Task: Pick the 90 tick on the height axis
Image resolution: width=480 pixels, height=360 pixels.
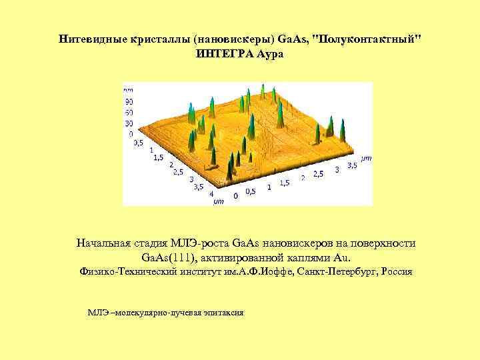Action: pyautogui.click(x=129, y=101)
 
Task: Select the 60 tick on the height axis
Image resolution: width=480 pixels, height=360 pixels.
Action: pyautogui.click(x=129, y=112)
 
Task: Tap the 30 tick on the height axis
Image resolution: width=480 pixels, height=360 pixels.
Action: pyautogui.click(x=129, y=123)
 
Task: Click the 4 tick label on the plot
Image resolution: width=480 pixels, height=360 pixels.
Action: pyautogui.click(x=211, y=194)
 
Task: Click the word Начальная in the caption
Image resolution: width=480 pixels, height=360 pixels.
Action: pyautogui.click(x=106, y=243)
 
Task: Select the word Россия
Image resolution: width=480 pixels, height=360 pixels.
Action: pyautogui.click(x=397, y=272)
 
